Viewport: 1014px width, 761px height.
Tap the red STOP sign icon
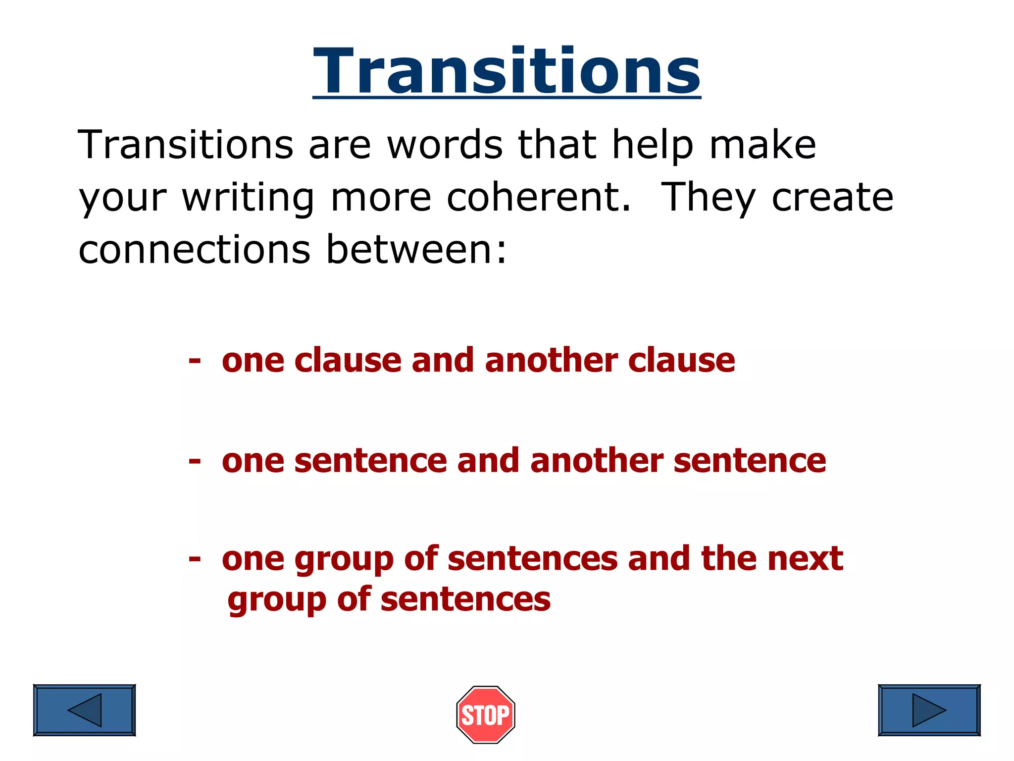[486, 714]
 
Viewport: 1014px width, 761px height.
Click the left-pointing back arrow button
[84, 710]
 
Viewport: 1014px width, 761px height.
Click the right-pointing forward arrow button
[929, 710]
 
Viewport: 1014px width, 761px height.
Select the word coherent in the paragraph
[539, 197]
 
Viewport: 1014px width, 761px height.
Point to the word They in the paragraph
[708, 197]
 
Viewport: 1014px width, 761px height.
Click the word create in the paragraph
[833, 197]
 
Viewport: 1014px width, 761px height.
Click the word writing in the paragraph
[248, 197]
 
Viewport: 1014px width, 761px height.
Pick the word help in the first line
[653, 145]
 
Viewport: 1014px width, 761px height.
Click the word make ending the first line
[762, 145]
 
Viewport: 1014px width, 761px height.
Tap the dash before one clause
[195, 360]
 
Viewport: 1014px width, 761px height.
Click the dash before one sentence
[195, 461]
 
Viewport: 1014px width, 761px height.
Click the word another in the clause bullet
[551, 360]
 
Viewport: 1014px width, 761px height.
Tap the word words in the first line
[445, 145]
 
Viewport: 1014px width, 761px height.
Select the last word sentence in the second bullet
[750, 461]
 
